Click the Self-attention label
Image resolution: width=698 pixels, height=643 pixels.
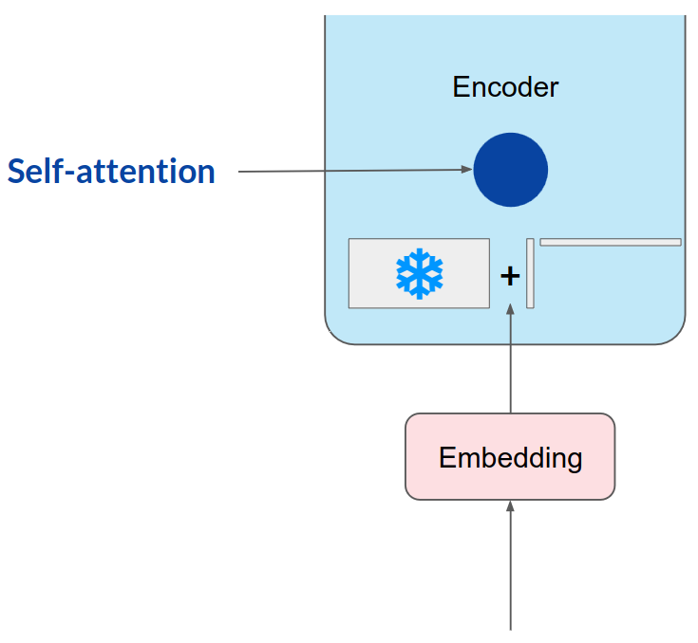111,172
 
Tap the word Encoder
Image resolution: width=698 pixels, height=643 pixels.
505,87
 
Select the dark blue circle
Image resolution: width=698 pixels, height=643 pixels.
511,170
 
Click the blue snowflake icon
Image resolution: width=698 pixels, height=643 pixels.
419,273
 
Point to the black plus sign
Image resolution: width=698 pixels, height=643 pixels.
510,276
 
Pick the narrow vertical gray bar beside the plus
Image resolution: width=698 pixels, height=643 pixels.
530,273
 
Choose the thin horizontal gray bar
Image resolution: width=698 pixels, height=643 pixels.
611,242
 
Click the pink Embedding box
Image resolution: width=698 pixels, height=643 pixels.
510,457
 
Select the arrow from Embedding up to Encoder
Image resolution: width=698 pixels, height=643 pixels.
511,360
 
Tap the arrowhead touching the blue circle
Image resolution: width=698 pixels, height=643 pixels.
467,170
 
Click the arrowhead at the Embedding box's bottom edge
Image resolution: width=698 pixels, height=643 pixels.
511,506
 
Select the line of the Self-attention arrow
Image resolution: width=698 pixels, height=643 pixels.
351,171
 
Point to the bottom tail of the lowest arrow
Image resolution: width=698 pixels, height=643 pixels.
511,628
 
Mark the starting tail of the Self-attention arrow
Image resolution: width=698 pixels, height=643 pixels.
240,172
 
